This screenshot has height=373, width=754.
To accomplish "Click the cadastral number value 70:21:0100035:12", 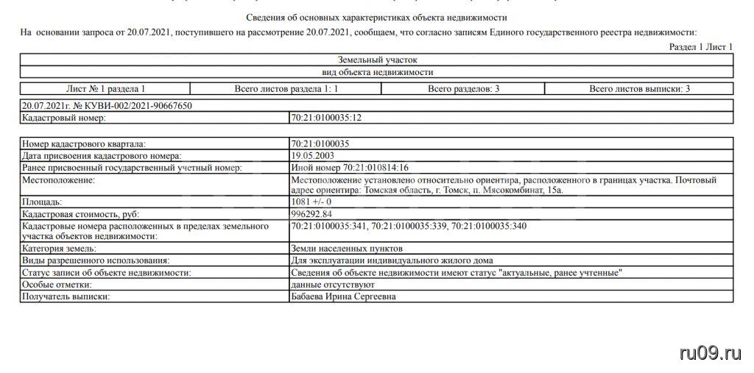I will (x=327, y=118).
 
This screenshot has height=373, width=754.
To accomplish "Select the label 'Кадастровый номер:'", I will (x=65, y=118).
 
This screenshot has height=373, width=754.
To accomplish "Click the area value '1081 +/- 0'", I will (x=311, y=202).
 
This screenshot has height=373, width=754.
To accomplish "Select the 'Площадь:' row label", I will (x=43, y=202).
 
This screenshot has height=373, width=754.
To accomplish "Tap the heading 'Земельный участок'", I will (x=377, y=60).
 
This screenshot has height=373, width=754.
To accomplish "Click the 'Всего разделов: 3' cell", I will (x=463, y=89).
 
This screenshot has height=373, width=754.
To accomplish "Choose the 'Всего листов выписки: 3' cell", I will (x=639, y=89).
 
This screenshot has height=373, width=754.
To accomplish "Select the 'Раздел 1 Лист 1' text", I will (x=700, y=47).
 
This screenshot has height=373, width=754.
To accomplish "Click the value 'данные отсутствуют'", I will (x=334, y=285).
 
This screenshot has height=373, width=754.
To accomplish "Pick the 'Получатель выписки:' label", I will (x=66, y=296).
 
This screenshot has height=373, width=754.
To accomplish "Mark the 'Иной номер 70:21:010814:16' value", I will (x=350, y=168).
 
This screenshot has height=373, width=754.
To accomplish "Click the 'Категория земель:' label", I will (x=59, y=249).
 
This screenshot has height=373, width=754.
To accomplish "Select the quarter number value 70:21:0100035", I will (x=320, y=144).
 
